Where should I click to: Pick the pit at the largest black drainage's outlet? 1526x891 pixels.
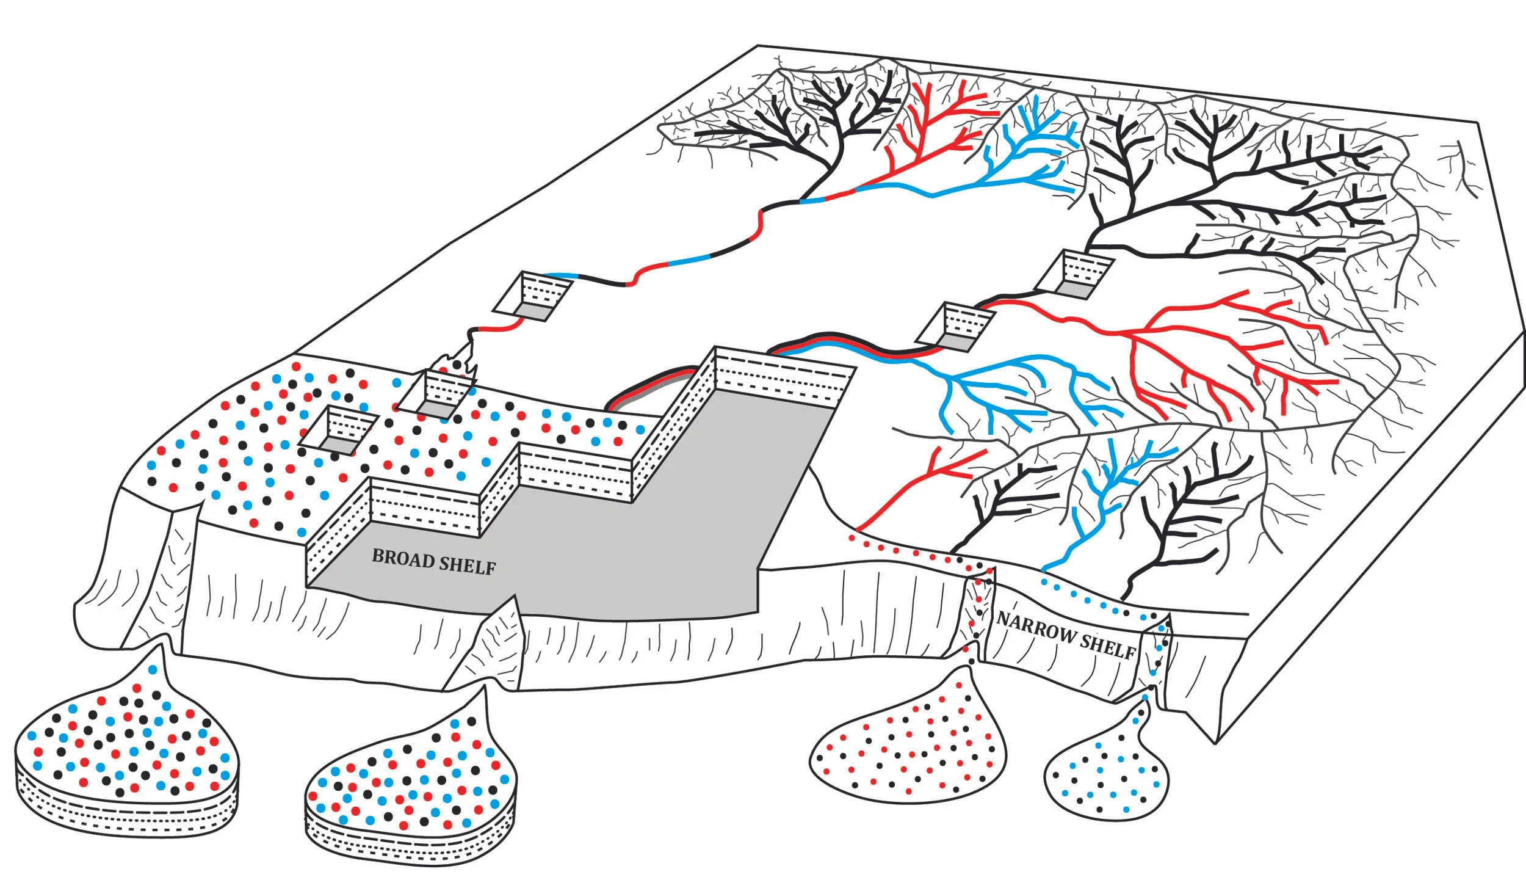pyautogui.click(x=1075, y=274)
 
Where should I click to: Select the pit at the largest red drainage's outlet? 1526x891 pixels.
pyautogui.click(x=956, y=327)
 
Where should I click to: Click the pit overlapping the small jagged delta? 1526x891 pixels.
pyautogui.click(x=436, y=394)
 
